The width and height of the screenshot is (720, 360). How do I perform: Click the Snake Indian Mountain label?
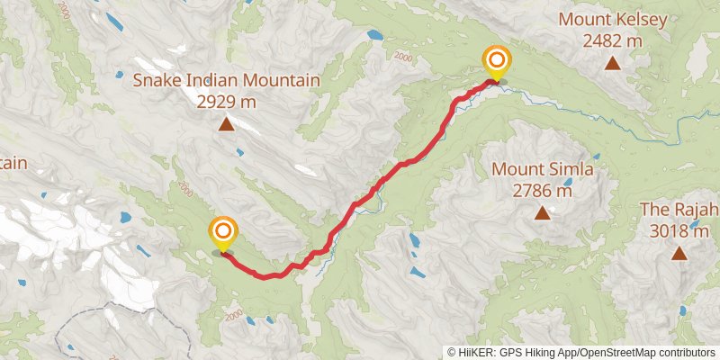pos(226,81)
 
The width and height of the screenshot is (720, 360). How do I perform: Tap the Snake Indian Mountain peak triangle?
pos(226,124)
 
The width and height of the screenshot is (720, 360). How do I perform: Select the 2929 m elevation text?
pos(226,101)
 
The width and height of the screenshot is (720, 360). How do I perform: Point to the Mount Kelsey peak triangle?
pos(612,63)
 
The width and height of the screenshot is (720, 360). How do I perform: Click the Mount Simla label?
pos(542,169)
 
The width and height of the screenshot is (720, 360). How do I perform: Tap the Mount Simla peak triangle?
pos(542,213)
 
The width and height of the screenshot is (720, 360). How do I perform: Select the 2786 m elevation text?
pos(542,191)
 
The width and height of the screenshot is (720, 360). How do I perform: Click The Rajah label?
pos(679,210)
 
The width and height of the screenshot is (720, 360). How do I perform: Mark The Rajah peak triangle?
pos(679,254)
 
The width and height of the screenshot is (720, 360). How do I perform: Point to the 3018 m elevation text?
pos(679,231)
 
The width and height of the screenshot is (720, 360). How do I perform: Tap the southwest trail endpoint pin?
pos(222,233)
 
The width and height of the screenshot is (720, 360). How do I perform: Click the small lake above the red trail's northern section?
pos(374,35)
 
